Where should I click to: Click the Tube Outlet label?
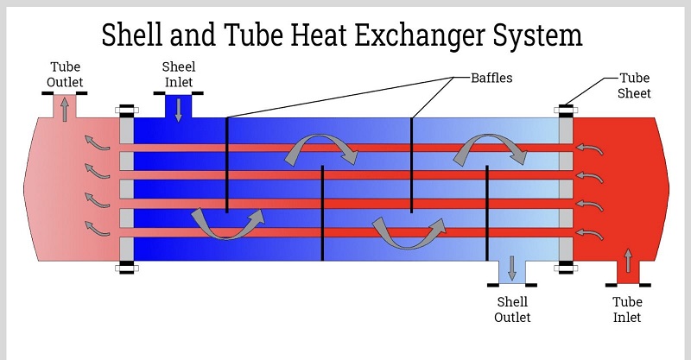(x=67, y=75)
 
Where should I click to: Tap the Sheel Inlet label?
(x=179, y=74)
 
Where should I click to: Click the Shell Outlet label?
(x=512, y=309)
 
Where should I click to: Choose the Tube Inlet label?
(x=627, y=309)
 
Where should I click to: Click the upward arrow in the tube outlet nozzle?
(x=65, y=109)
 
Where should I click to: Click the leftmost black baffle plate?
(x=226, y=164)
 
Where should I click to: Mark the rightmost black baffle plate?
(x=488, y=212)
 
